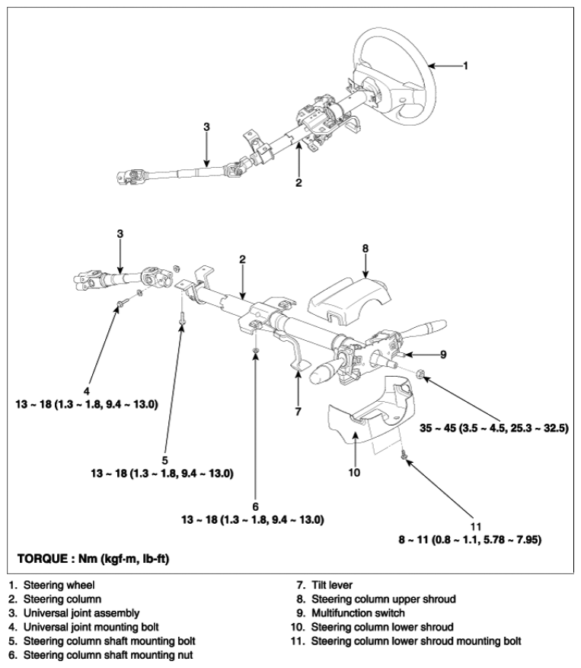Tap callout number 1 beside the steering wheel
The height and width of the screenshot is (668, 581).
466,66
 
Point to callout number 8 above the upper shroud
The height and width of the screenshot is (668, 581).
366,249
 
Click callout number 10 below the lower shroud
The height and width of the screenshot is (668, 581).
354,473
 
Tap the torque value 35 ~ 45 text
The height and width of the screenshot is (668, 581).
493,428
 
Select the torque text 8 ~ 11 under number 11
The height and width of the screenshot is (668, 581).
470,540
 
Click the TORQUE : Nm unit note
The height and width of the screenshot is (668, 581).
93,558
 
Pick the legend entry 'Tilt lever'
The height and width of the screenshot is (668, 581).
332,585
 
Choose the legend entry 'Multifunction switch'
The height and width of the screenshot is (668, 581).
358,613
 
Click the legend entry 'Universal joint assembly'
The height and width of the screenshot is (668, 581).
81,613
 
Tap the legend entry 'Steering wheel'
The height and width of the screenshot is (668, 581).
59,585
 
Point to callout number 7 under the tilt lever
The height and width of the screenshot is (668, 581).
298,412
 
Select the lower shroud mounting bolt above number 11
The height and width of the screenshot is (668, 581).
404,456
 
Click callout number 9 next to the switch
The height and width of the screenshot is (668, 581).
443,355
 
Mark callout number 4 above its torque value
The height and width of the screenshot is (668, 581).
87,391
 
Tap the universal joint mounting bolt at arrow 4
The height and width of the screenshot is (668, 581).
122,303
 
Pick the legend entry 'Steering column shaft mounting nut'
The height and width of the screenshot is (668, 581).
108,655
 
